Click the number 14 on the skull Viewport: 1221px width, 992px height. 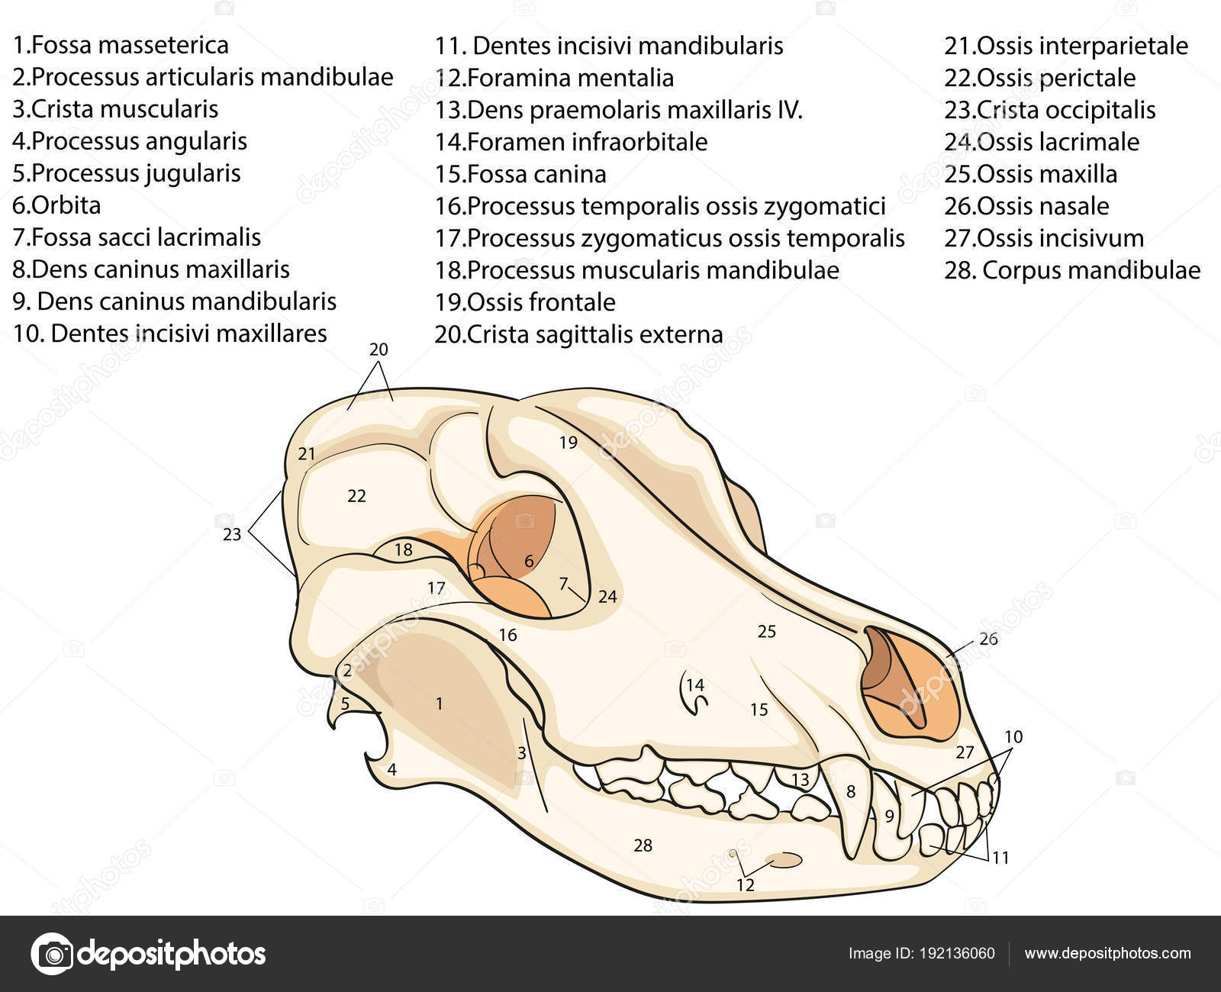[695, 684]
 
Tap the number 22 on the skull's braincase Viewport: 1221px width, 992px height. [356, 496]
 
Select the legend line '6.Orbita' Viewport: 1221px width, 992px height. [56, 205]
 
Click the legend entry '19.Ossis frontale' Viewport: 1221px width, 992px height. [525, 302]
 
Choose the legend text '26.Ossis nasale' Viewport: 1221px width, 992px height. [1026, 206]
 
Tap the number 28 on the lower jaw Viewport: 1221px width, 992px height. [643, 845]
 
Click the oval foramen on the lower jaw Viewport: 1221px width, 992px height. [784, 860]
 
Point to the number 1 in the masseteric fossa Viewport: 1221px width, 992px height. [439, 704]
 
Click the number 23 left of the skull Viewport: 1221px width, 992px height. [231, 535]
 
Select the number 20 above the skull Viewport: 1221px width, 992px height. [379, 349]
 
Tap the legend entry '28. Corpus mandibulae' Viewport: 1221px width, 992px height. [1072, 270]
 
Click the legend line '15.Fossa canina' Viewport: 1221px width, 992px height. [520, 174]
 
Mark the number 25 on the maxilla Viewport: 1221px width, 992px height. [766, 631]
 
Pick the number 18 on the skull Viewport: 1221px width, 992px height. [403, 549]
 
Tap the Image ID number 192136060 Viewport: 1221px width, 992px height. [957, 954]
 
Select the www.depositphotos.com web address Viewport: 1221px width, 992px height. [1107, 954]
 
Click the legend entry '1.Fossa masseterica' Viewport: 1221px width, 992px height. [121, 45]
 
